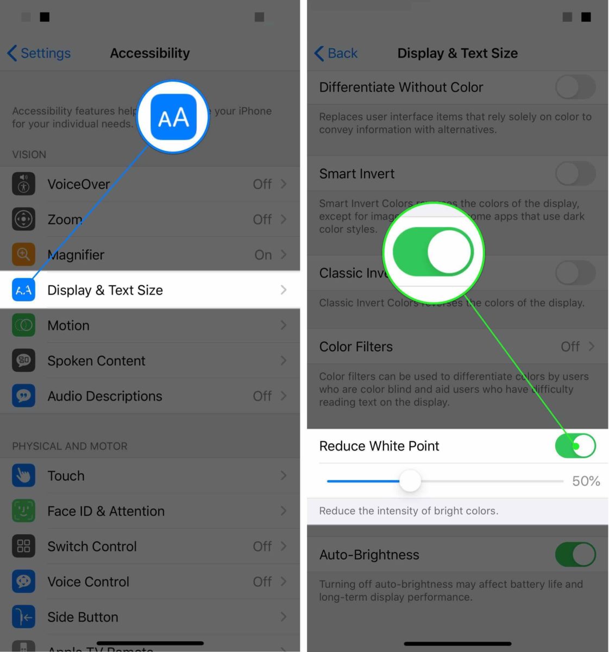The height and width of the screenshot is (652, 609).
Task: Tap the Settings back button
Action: pyautogui.click(x=39, y=53)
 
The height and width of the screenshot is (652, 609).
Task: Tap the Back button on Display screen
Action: pyautogui.click(x=336, y=53)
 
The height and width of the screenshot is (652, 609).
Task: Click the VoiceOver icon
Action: pyautogui.click(x=23, y=184)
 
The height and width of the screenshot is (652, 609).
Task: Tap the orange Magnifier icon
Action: pyautogui.click(x=23, y=254)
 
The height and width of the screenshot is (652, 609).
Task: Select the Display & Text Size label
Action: pyautogui.click(x=105, y=290)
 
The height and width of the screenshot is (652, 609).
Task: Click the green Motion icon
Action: pyautogui.click(x=23, y=325)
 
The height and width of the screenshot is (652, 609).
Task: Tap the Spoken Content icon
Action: pyautogui.click(x=23, y=360)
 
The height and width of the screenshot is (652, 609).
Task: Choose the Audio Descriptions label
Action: pyautogui.click(x=104, y=396)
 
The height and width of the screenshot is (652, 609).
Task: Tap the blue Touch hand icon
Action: pyautogui.click(x=23, y=475)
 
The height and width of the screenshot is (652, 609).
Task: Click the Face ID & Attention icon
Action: pyautogui.click(x=23, y=511)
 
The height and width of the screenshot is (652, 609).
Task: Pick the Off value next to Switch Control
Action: pyautogui.click(x=262, y=546)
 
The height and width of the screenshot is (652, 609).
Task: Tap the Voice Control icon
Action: pyautogui.click(x=23, y=581)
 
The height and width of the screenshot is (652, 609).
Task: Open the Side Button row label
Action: pyautogui.click(x=83, y=617)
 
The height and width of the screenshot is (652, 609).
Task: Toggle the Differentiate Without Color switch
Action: pyautogui.click(x=575, y=87)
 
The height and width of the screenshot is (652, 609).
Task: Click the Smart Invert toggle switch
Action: pyautogui.click(x=575, y=174)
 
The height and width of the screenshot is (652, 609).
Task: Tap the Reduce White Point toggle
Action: pyautogui.click(x=575, y=446)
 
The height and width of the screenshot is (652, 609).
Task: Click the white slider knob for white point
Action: pyautogui.click(x=410, y=481)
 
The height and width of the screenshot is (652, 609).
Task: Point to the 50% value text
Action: pyautogui.click(x=586, y=481)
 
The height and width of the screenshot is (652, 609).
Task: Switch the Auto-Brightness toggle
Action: pyautogui.click(x=575, y=555)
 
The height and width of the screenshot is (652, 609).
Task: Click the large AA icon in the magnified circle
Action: pyautogui.click(x=173, y=117)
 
